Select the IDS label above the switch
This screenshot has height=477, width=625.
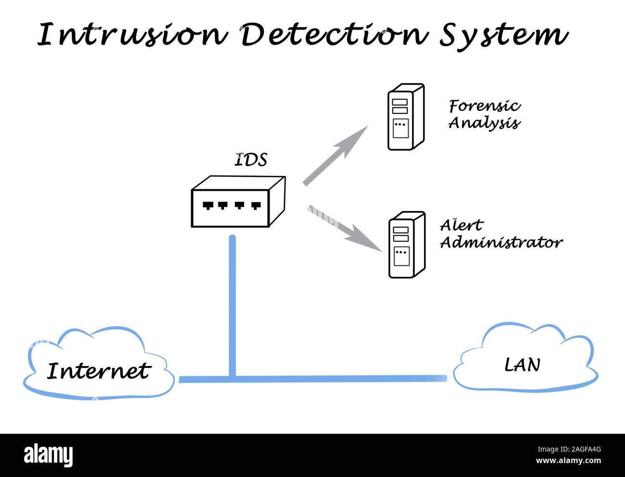(x=250, y=160)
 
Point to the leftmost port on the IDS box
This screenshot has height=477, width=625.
(x=208, y=206)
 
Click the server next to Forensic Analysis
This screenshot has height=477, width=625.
(x=406, y=117)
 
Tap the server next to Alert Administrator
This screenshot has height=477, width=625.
(x=406, y=245)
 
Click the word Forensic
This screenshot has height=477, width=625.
(x=485, y=106)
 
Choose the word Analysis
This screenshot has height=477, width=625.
(x=484, y=123)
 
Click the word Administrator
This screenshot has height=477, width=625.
(x=501, y=242)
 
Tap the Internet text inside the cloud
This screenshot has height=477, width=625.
(x=99, y=371)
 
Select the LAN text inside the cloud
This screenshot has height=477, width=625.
(x=522, y=365)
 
